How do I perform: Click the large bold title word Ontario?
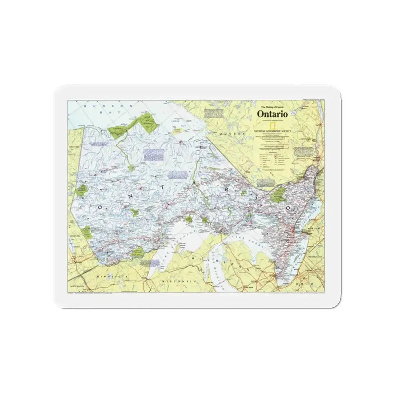point(273,114)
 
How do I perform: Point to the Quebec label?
point(229,133)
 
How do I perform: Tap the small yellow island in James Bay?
point(178,131)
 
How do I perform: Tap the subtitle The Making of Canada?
point(273,107)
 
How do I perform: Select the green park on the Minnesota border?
point(138,253)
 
